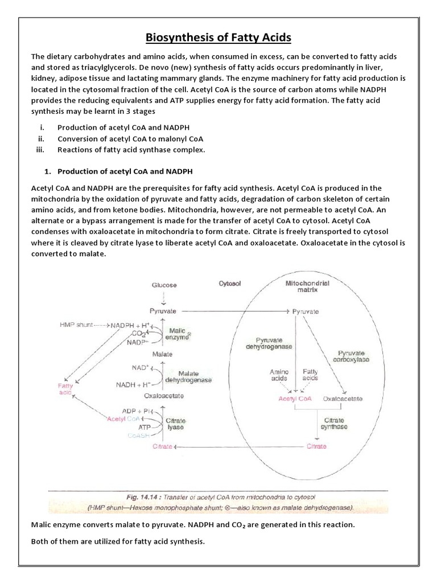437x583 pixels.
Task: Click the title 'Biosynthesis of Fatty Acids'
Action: [x=218, y=38]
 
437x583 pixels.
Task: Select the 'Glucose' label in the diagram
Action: [x=164, y=285]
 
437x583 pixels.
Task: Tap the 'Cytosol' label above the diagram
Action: [x=231, y=283]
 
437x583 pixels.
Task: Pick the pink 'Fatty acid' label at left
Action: [x=67, y=389]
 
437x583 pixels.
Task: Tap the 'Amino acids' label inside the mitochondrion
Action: [x=279, y=375]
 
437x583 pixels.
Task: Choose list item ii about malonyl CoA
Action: [x=130, y=138]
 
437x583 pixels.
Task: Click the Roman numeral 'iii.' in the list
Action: [x=41, y=150]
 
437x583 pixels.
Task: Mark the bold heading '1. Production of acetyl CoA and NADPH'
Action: [x=122, y=171]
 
